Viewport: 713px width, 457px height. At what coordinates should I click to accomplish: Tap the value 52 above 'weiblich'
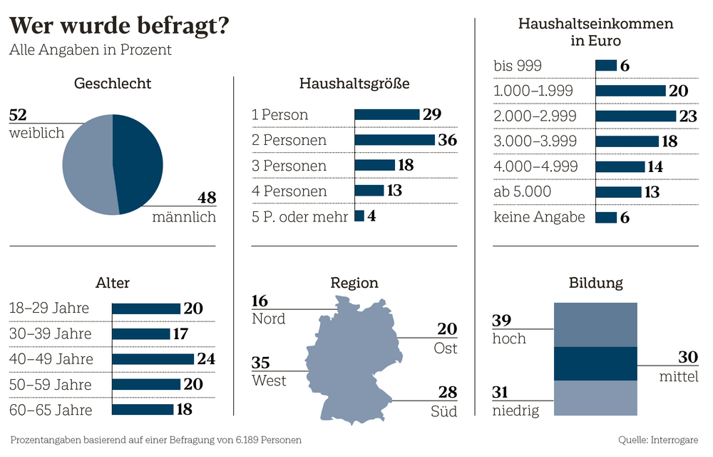coord(19,114)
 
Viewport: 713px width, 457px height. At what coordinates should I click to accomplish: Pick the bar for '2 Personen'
coord(394,140)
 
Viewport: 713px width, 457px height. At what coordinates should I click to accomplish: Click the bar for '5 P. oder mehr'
coord(359,216)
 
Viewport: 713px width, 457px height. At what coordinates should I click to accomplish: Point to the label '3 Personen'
coord(289,166)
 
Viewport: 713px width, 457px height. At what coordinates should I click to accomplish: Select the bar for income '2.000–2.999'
coord(635,116)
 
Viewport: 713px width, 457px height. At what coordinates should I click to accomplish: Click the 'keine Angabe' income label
coord(539,217)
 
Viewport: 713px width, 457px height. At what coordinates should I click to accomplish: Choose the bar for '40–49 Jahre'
coord(153,358)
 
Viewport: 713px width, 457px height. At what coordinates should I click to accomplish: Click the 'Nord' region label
coord(268,318)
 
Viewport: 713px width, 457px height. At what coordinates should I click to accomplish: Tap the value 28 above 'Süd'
coord(446,393)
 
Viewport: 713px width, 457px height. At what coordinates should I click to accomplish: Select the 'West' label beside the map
coord(269,381)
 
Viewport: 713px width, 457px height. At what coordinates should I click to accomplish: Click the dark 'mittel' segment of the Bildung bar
coord(595,363)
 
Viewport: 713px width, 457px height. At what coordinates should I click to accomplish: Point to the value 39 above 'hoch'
coord(502,321)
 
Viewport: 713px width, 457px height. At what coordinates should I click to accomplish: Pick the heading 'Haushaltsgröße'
coord(354,84)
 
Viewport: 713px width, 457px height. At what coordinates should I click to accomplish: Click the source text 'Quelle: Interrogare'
coord(658,440)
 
